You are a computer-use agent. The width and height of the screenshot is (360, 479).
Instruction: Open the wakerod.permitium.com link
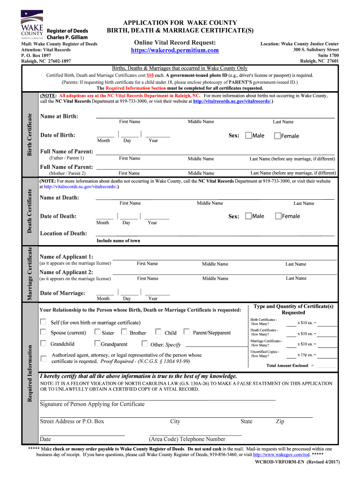click(x=174, y=50)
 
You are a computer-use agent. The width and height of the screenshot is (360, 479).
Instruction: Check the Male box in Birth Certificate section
click(x=248, y=136)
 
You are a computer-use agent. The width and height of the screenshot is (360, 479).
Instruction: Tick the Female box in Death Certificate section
click(x=278, y=216)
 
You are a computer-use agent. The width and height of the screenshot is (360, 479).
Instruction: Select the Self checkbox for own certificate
click(x=43, y=322)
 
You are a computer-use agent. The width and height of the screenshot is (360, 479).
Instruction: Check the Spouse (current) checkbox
click(x=43, y=332)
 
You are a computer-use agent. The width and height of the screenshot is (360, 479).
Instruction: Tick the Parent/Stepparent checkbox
click(x=187, y=332)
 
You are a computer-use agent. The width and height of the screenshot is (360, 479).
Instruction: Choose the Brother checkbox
click(x=124, y=332)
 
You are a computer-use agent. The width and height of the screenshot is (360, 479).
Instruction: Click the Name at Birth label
click(x=59, y=116)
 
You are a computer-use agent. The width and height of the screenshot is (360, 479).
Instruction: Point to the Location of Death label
click(x=64, y=233)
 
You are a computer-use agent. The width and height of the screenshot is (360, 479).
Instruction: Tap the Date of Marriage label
click(x=63, y=293)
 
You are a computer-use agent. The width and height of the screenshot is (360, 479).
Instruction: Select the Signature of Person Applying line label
click(x=92, y=404)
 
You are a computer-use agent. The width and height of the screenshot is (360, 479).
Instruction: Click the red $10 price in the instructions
click(x=150, y=75)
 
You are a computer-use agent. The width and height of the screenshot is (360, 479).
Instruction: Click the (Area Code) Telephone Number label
click(x=187, y=439)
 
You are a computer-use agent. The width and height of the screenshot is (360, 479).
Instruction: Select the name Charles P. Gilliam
click(x=67, y=37)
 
